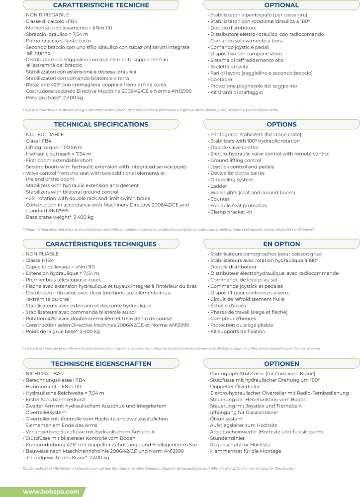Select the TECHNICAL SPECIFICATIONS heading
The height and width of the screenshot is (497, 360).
click(100, 124)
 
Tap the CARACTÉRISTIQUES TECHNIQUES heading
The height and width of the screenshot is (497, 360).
click(100, 244)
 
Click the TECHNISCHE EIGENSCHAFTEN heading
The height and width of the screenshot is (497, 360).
click(100, 364)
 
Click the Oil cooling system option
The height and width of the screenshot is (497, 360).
click(232, 180)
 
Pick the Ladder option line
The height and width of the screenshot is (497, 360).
click(219, 186)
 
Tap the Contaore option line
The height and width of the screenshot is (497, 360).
click(221, 80)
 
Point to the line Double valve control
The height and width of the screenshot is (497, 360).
click(235, 148)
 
